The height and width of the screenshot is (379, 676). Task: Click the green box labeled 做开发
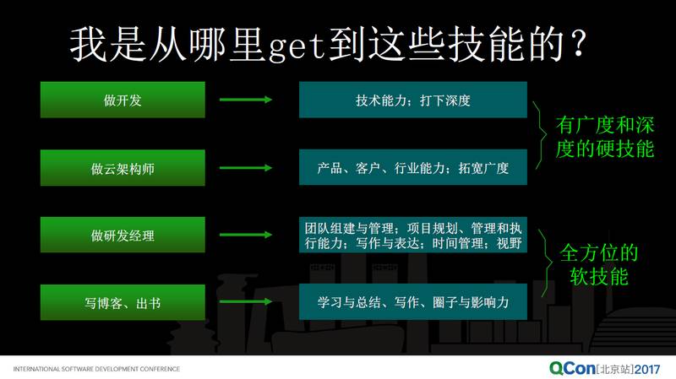pyautogui.click(x=123, y=100)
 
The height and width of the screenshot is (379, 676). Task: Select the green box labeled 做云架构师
pyautogui.click(x=123, y=168)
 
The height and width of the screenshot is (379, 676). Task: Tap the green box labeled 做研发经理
pyautogui.click(x=123, y=236)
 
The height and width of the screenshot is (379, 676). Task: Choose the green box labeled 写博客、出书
pyautogui.click(x=123, y=302)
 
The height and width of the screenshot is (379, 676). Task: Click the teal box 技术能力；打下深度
pyautogui.click(x=412, y=100)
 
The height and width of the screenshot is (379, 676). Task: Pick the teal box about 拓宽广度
pyautogui.click(x=412, y=168)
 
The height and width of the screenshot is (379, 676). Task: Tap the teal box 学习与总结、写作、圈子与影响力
pyautogui.click(x=412, y=301)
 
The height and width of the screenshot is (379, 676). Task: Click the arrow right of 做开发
pyautogui.click(x=244, y=100)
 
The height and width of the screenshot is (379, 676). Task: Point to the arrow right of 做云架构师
pyautogui.click(x=244, y=168)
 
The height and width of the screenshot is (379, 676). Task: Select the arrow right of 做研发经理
pyautogui.click(x=244, y=236)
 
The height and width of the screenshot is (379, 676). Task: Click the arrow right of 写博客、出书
pyautogui.click(x=244, y=301)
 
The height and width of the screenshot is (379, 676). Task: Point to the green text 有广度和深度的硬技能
pyautogui.click(x=605, y=138)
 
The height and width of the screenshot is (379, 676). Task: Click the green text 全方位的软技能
pyautogui.click(x=599, y=264)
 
